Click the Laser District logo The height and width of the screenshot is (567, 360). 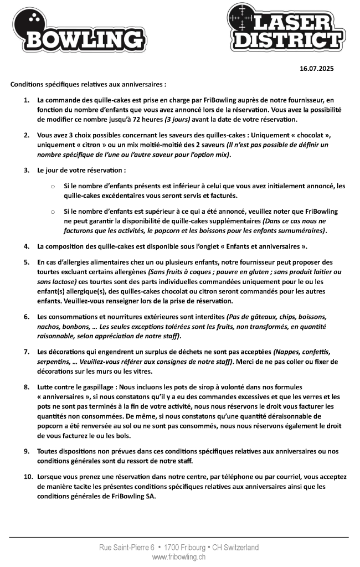(x=285, y=28)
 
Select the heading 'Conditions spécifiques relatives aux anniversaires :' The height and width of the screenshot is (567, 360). (x=88, y=85)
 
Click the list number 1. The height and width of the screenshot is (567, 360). (x=27, y=101)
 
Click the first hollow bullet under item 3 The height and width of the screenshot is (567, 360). (x=52, y=187)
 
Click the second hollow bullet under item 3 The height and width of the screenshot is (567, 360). (x=52, y=212)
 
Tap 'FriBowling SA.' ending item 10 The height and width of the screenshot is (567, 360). (x=133, y=496)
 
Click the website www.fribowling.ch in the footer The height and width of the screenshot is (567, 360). (x=179, y=556)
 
